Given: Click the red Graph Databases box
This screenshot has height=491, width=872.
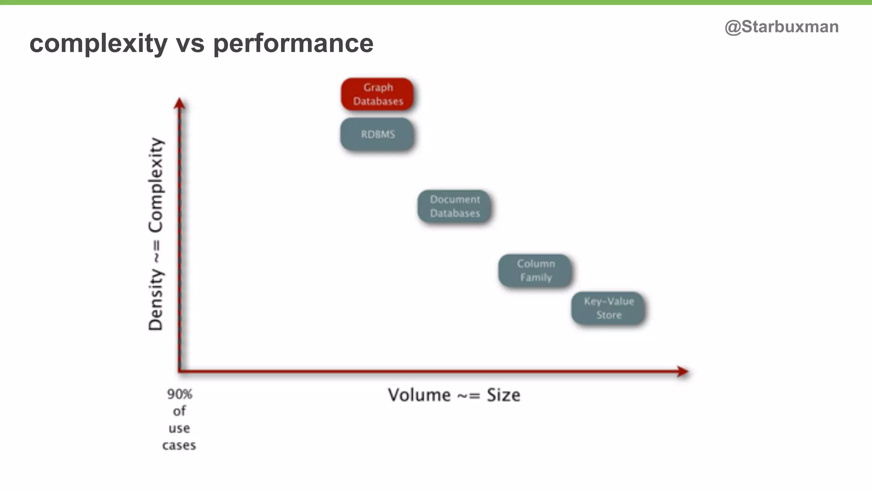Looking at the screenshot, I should point(377,94).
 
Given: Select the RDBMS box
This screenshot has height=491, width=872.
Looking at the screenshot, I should point(377,134).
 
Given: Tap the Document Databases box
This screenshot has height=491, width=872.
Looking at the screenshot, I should point(454,206).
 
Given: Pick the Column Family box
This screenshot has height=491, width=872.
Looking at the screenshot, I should point(535,271).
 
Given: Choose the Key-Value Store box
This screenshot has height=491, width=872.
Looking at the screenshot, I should point(608,308).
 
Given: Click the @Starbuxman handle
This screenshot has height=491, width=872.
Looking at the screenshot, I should point(781,27).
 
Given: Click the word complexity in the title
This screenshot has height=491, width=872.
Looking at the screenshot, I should point(98,43).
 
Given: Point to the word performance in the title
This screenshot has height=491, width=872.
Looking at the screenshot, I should point(293,43).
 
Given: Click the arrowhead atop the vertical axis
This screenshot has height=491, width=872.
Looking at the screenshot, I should point(180,104).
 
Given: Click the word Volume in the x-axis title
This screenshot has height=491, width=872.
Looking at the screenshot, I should point(419,395).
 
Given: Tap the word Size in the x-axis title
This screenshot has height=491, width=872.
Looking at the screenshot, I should point(503,395).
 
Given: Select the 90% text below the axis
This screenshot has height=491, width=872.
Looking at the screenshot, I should point(179,394).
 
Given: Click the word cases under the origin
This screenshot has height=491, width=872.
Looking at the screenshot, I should point(179,445).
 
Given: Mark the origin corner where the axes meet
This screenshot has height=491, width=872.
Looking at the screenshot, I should point(180,371).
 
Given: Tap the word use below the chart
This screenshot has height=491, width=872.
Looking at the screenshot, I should point(179,428).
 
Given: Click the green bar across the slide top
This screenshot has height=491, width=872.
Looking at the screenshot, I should point(436,2).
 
